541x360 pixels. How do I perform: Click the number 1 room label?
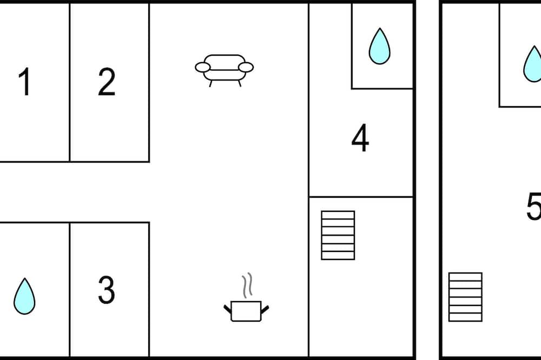click(25, 82)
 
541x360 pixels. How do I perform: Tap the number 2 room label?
click(107, 82)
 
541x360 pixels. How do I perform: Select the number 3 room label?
click(107, 290)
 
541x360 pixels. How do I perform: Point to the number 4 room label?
click(360, 138)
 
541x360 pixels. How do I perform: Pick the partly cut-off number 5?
click(534, 206)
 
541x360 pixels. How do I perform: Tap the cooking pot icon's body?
click(246, 311)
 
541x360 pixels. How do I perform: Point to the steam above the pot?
click(247, 285)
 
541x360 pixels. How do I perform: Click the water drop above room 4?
click(380, 46)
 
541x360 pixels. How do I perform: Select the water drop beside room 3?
click(24, 296)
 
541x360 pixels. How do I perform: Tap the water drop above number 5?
click(532, 64)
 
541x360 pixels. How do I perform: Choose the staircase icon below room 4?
click(338, 235)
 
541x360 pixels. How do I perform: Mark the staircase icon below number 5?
click(465, 297)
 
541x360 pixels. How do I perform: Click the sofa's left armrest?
click(202, 67)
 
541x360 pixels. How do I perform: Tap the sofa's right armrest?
click(246, 67)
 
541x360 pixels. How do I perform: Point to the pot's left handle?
click(228, 309)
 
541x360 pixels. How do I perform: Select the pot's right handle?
click(265, 309)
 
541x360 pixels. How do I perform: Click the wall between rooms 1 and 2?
click(70, 82)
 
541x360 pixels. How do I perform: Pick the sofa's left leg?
click(210, 83)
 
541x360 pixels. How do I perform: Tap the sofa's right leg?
click(240, 83)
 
